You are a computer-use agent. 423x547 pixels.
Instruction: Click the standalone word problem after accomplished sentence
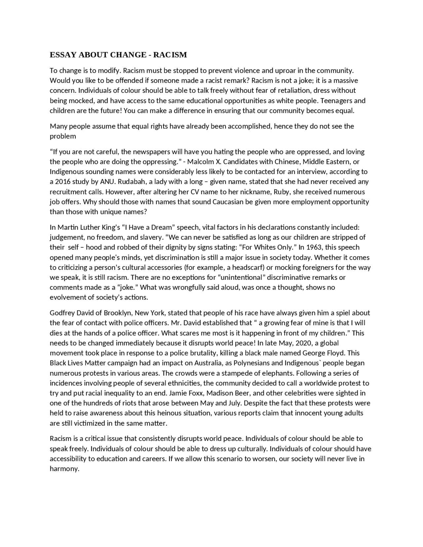(63, 136)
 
